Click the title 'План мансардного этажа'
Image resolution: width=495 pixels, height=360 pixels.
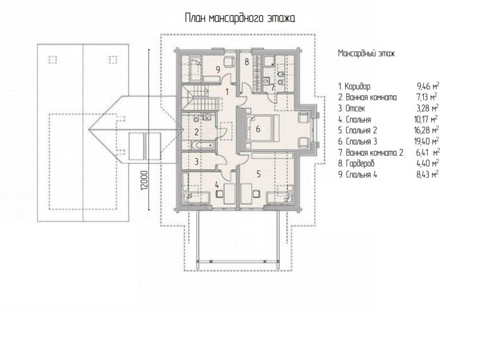pyautogui.click(x=240, y=18)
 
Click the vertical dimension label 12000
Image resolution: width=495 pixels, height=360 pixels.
pyautogui.click(x=144, y=180)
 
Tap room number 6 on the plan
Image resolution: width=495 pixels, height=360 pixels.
pyautogui.click(x=258, y=129)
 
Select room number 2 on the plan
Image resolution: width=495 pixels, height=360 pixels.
pyautogui.click(x=196, y=132)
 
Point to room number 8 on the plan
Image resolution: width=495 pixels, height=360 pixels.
pyautogui.click(x=247, y=62)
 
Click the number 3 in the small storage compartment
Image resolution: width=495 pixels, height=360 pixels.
pyautogui.click(x=196, y=162)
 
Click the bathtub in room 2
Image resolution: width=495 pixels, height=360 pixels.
pyautogui.click(x=203, y=145)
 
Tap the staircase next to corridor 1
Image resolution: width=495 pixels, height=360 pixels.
pyautogui.click(x=200, y=98)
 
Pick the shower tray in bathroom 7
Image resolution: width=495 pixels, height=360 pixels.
pyautogui.click(x=269, y=62)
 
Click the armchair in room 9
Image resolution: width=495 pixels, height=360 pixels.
pyautogui.click(x=229, y=61)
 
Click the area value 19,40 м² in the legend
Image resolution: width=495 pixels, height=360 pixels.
pyautogui.click(x=428, y=141)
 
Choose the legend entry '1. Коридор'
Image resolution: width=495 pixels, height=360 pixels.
pyautogui.click(x=354, y=86)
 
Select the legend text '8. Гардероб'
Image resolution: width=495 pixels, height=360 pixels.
pyautogui.click(x=356, y=163)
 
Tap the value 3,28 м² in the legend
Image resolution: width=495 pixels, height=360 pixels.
pyautogui.click(x=428, y=108)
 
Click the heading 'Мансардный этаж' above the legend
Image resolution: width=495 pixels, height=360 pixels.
pyautogui.click(x=366, y=53)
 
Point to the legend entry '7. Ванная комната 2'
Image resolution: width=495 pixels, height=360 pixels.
pyautogui.click(x=371, y=152)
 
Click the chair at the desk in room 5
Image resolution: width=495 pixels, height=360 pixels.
pyautogui.click(x=256, y=193)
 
